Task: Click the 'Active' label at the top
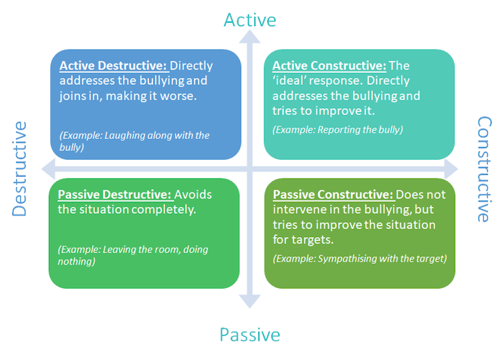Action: [x=249, y=20]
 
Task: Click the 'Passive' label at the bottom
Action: [x=250, y=334]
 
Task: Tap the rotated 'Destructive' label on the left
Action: [x=19, y=168]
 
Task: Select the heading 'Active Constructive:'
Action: [x=329, y=66]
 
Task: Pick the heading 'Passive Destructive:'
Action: [x=114, y=195]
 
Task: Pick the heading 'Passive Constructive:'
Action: [x=333, y=195]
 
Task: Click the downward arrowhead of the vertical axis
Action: [x=250, y=301]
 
